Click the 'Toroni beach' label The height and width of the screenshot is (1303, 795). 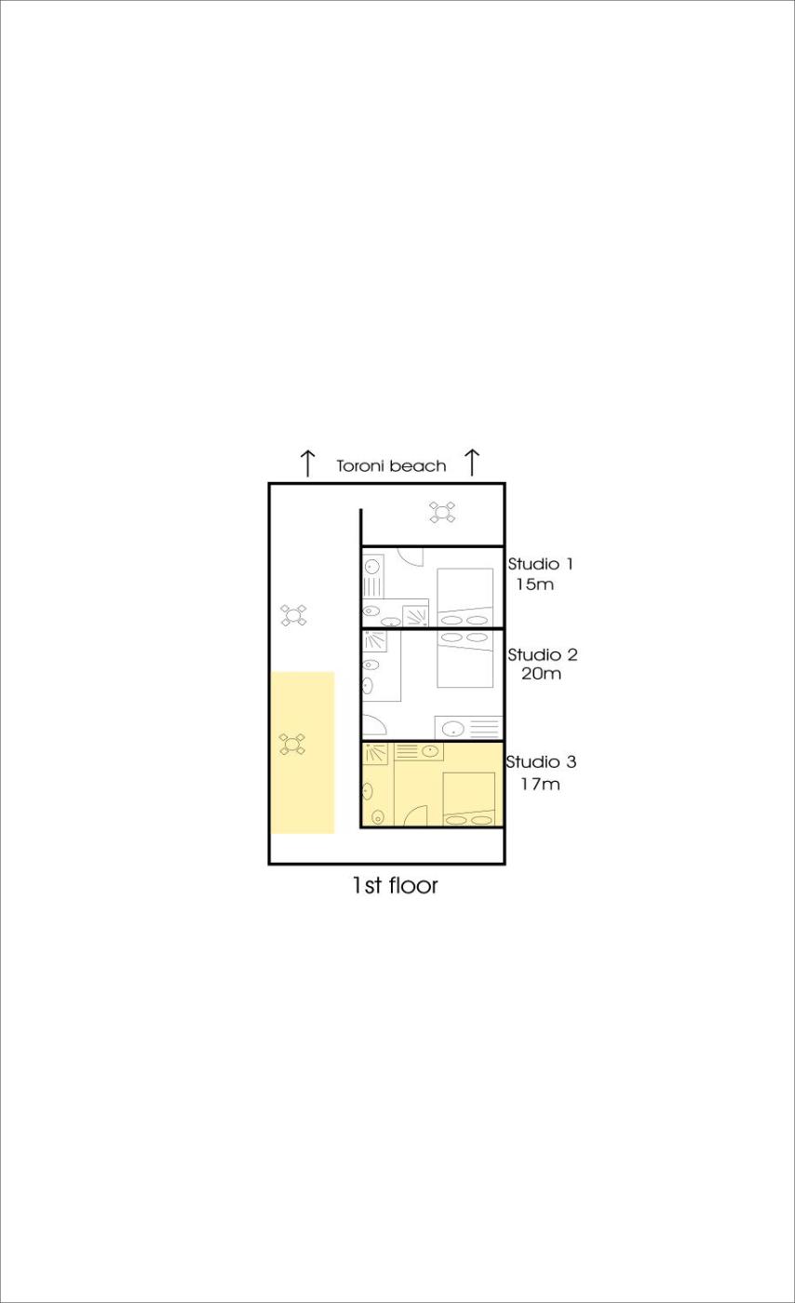pos(391,466)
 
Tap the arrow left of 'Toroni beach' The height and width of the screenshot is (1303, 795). pos(308,463)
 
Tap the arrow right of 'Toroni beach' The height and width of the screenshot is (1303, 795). pos(472,463)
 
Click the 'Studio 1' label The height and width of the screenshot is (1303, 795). pos(540,564)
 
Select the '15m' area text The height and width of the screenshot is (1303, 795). pos(535,584)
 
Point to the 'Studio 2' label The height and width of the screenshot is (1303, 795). pos(543,654)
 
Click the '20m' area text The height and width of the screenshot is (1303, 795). pos(541,674)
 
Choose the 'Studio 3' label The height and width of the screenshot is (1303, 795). pos(541,761)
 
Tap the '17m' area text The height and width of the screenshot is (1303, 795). pos(540,784)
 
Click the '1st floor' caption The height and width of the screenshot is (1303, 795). pos(395,885)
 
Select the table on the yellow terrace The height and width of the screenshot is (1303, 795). pos(292,744)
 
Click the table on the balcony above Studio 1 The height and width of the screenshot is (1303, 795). pos(442,512)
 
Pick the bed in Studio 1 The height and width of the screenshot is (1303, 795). pos(465,598)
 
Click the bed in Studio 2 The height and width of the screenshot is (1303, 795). pos(465,659)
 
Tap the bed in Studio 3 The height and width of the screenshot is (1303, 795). pos(469,799)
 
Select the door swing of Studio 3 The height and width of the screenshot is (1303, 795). pos(415,815)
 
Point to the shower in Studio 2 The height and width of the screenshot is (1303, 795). pos(374,641)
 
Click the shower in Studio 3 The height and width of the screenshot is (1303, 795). pos(375,754)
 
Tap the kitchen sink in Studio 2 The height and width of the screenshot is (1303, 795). pos(451,728)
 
